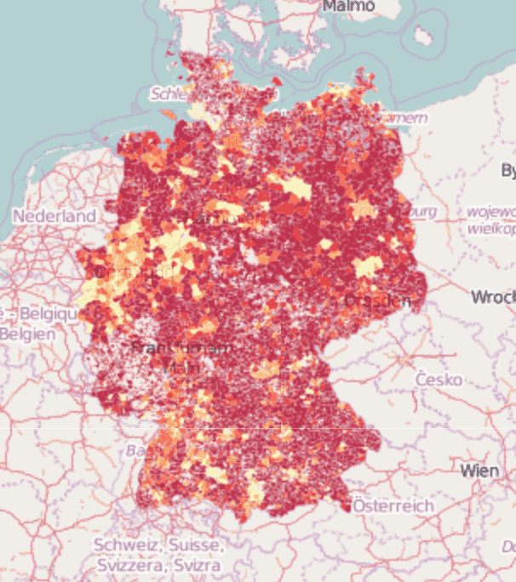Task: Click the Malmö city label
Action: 348,6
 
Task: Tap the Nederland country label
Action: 54,216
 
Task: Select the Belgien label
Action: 27,334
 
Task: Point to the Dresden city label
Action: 378,301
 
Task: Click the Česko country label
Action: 439,379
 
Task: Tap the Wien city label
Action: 479,470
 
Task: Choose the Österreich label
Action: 393,505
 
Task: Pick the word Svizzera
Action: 129,564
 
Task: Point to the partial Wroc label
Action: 493,297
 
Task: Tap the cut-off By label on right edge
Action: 508,171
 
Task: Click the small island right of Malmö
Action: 422,36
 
